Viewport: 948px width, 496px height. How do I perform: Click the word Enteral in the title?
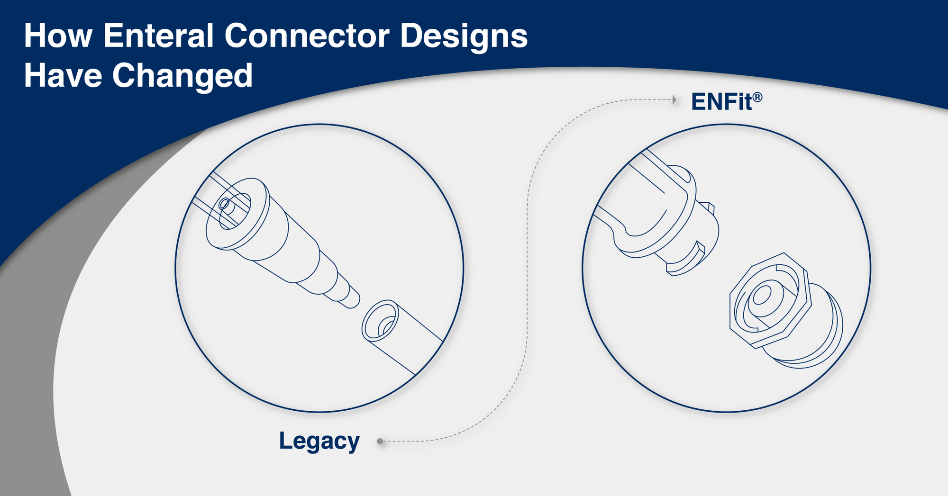click(x=158, y=36)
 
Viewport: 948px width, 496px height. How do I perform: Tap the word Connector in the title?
click(x=307, y=36)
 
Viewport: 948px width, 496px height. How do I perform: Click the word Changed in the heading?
click(x=182, y=76)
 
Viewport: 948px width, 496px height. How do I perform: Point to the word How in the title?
click(x=58, y=36)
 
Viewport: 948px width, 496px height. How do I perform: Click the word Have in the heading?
click(x=63, y=76)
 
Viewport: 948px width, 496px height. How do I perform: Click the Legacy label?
click(x=319, y=442)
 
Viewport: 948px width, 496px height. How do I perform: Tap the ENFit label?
click(x=721, y=102)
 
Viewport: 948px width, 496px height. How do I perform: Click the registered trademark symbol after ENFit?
click(x=757, y=97)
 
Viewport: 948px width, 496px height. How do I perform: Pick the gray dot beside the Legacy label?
click(x=380, y=442)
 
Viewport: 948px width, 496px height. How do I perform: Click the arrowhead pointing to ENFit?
click(x=674, y=99)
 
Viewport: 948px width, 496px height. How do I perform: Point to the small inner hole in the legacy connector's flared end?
click(x=224, y=205)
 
